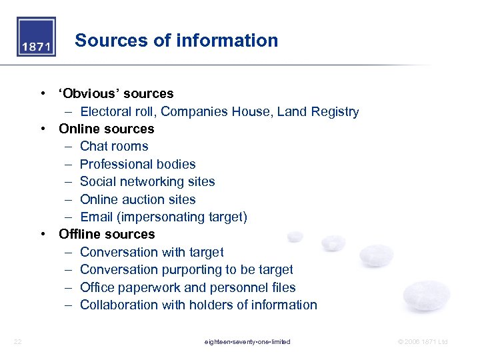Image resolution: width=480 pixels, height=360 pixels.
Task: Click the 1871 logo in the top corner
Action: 36,37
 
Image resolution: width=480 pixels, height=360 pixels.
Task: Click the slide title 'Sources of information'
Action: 177,41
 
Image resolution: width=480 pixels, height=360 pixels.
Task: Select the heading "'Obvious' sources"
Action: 116,94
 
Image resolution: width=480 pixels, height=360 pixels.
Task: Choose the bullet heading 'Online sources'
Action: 107,129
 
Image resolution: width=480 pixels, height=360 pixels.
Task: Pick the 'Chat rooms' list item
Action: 114,147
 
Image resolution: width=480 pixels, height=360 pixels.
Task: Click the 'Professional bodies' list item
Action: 138,164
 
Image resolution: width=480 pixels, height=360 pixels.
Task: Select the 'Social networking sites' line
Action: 147,182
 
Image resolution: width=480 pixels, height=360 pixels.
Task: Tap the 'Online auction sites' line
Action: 138,199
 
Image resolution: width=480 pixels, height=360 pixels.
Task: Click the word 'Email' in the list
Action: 96,217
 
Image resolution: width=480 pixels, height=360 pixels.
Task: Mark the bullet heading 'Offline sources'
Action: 107,235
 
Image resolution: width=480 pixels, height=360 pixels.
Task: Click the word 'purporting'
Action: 192,270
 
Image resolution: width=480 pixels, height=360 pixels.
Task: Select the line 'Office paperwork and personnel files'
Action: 188,288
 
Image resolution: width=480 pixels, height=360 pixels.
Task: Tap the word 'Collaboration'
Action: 119,305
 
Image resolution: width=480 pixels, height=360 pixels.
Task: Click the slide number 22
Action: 18,342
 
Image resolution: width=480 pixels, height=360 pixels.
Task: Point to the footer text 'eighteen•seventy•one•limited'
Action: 247,342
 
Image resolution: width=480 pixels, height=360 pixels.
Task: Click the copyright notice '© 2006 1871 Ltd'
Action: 423,342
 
